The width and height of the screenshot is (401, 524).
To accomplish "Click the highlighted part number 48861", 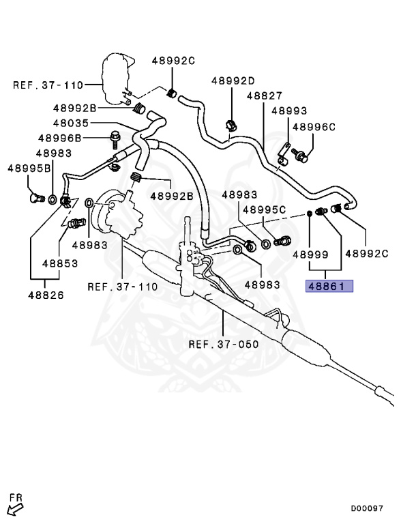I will tap(329, 286).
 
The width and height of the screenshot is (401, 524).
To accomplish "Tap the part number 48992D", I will tap(233, 80).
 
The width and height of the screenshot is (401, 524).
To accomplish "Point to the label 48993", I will tap(288, 111).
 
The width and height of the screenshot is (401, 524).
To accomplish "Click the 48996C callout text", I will tap(314, 126).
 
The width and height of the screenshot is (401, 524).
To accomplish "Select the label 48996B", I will tap(59, 139).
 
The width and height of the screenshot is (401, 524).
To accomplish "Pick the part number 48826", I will tap(46, 295).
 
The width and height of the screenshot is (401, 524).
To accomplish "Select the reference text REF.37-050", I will tap(224, 344).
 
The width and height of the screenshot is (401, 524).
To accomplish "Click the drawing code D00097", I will tap(367, 508).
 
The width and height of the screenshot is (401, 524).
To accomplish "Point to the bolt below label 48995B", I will tap(35, 198).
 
